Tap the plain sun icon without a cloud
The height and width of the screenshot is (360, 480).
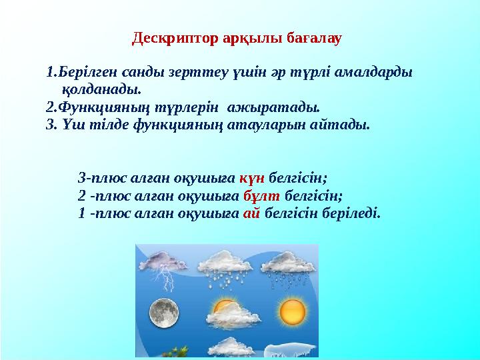click(291, 311)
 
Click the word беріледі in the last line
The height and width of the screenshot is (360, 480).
click(355, 214)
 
